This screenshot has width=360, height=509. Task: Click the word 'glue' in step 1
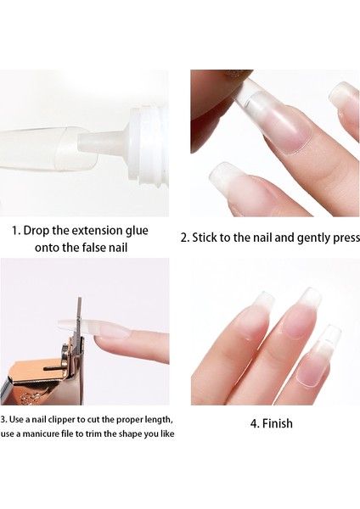pyautogui.click(x=137, y=231)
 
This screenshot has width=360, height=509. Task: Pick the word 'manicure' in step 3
pyautogui.click(x=43, y=433)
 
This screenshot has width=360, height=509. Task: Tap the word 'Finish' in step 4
pyautogui.click(x=278, y=423)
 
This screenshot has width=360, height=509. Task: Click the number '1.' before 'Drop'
pyautogui.click(x=17, y=231)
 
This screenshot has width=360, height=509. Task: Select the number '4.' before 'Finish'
pyautogui.click(x=255, y=423)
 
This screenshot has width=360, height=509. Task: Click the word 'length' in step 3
pyautogui.click(x=160, y=420)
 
